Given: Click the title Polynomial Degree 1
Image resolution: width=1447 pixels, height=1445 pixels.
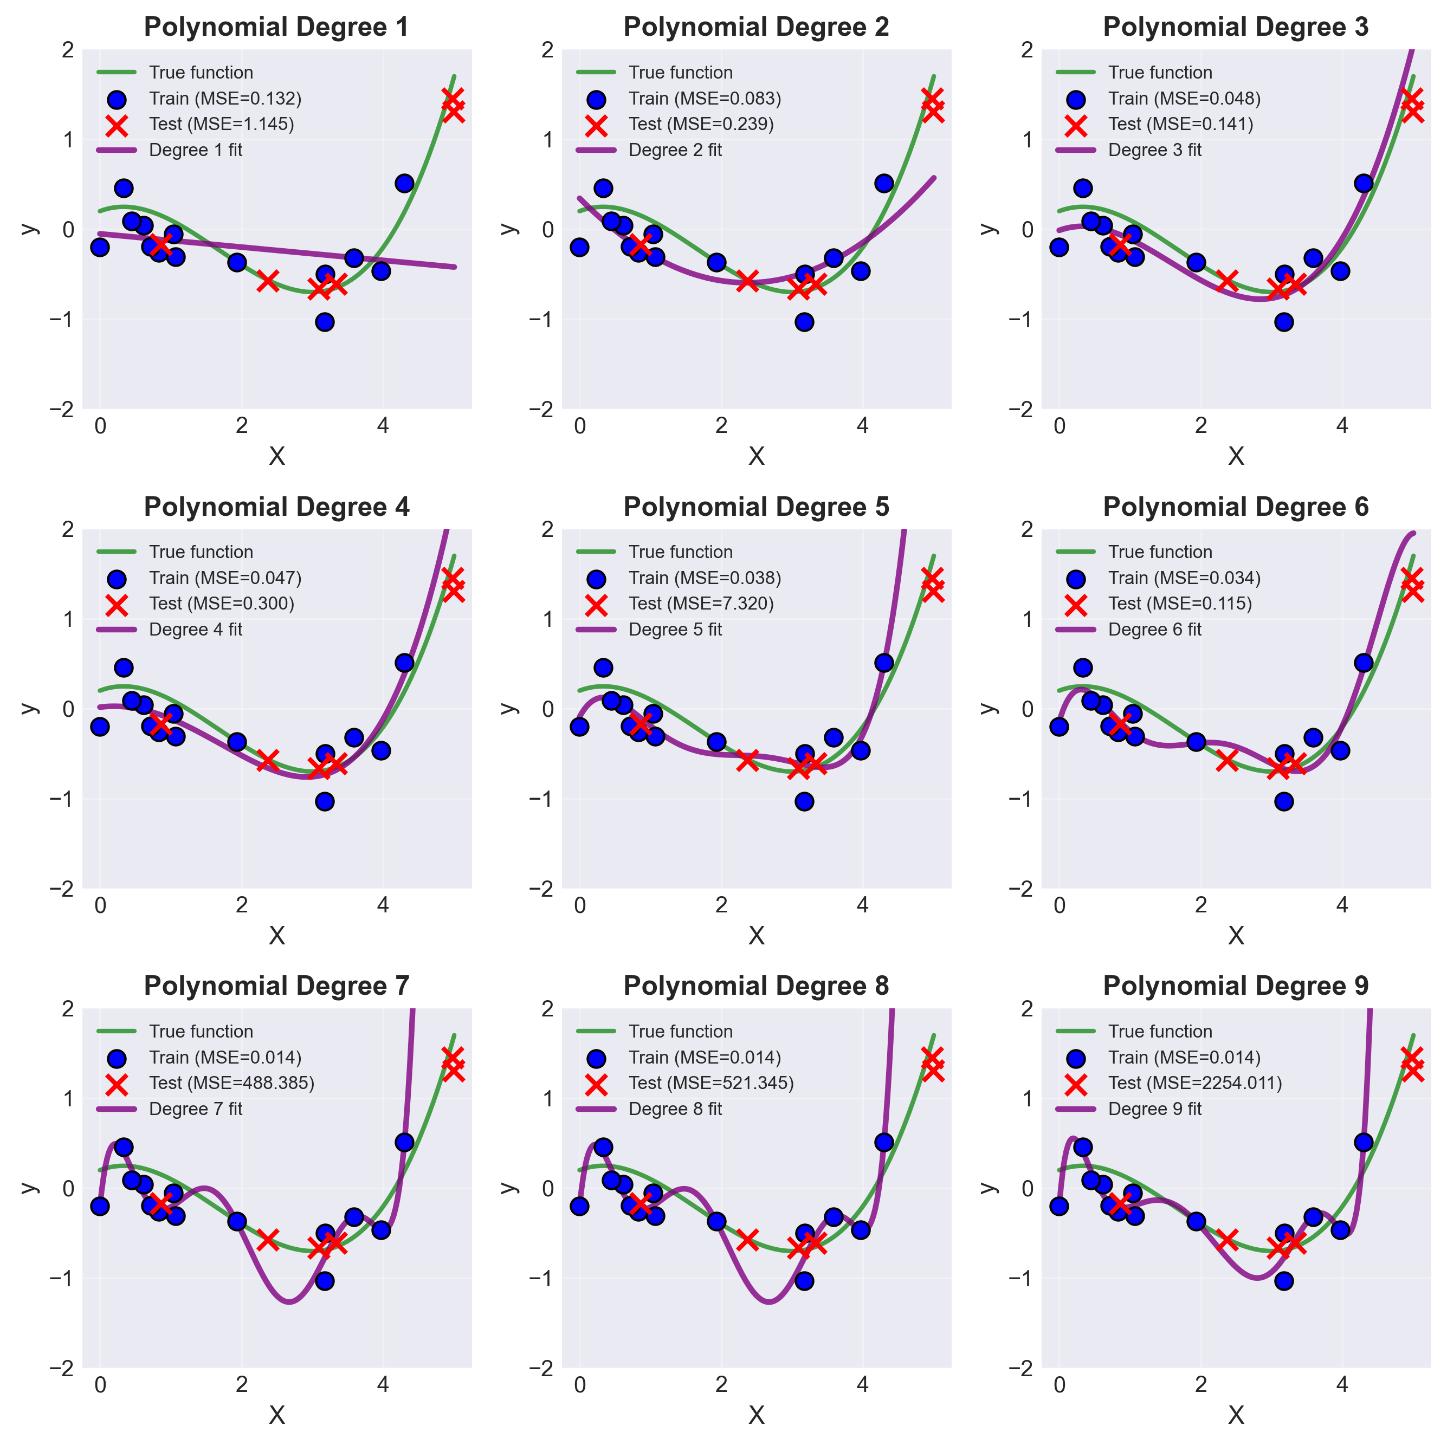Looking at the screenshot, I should [276, 28].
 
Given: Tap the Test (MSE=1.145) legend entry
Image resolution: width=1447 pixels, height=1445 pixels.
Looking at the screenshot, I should [221, 124].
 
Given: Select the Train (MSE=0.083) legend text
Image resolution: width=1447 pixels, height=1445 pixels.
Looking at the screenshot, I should [704, 99].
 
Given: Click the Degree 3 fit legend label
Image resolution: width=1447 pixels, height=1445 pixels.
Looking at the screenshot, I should [1154, 151].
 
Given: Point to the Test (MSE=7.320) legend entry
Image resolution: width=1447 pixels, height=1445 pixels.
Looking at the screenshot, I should [700, 604].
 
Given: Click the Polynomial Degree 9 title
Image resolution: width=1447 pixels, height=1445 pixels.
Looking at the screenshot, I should [1235, 986].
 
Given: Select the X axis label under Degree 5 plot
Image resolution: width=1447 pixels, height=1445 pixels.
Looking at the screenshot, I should [757, 936].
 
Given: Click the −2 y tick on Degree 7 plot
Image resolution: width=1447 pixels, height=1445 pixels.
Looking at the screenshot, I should [61, 1368].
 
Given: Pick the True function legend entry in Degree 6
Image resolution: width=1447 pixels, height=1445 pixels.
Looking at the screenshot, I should [1159, 552].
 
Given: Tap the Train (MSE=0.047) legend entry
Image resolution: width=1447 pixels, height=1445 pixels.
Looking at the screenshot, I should [225, 578].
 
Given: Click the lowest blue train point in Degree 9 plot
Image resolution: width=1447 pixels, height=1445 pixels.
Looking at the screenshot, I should [1284, 1281].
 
